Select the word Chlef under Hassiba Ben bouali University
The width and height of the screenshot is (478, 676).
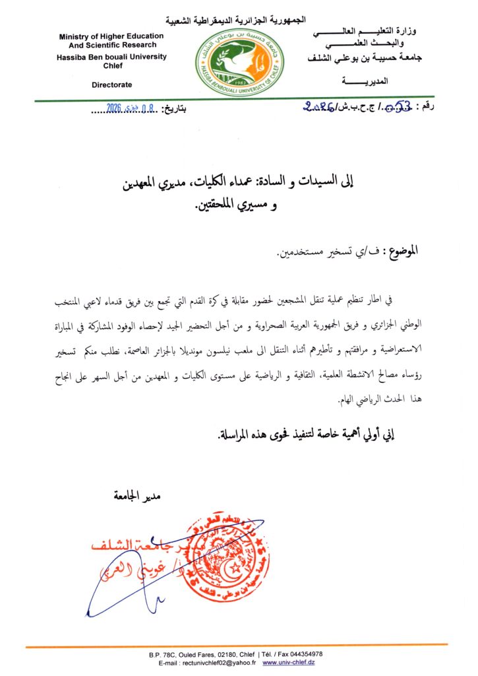[113, 65]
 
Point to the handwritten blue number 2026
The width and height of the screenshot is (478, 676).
[322, 106]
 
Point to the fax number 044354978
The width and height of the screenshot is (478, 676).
[300, 654]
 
